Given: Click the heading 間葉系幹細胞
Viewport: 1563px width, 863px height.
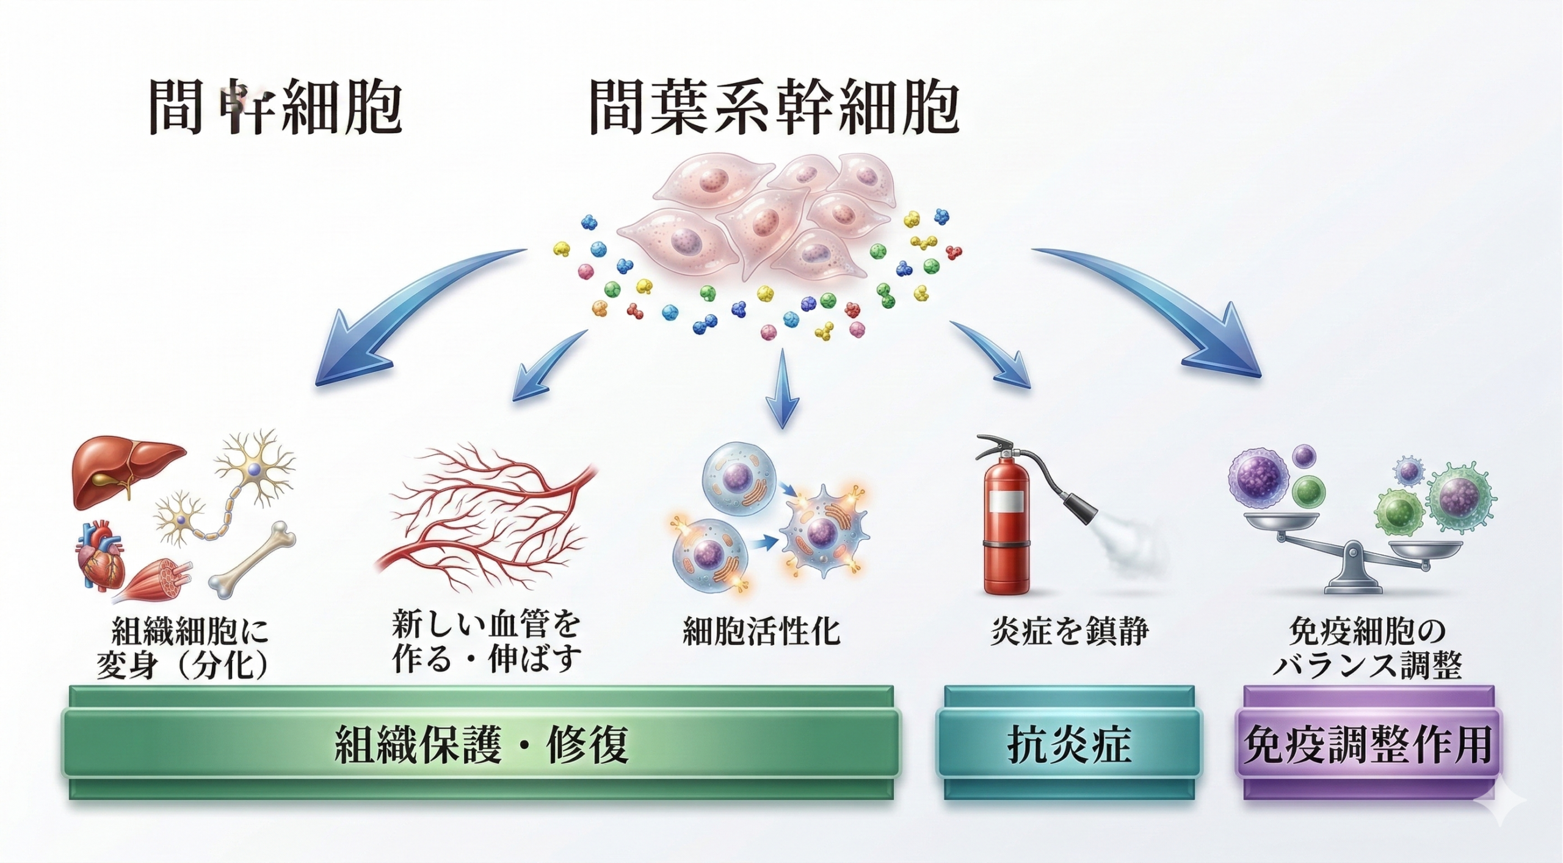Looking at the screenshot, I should (774, 110).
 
